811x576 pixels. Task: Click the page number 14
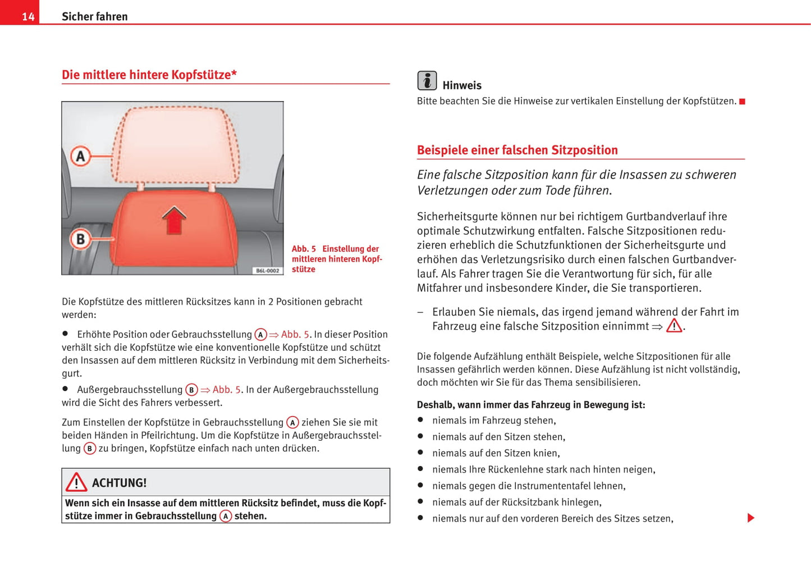[28, 17]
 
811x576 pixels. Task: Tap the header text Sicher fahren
[94, 17]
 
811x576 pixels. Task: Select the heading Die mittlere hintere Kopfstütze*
[149, 75]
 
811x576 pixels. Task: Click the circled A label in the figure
[81, 156]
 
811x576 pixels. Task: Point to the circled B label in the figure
[81, 239]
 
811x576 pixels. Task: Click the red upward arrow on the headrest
[174, 220]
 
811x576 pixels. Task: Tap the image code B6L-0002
[267, 271]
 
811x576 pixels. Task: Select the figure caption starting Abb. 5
[336, 259]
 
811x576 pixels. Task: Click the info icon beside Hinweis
[427, 81]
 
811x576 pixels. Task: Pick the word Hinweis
[462, 85]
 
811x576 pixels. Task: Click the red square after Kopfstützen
[742, 102]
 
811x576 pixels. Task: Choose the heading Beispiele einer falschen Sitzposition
[517, 150]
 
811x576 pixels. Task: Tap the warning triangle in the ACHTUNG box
[76, 482]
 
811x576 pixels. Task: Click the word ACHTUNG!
[119, 483]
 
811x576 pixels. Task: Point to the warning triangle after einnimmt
[674, 326]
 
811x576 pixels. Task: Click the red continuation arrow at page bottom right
[750, 518]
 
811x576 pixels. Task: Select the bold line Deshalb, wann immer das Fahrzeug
[531, 405]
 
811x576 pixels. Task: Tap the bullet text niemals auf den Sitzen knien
[496, 453]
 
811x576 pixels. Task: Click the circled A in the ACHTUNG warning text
[226, 516]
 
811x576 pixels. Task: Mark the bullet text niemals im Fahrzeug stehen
[494, 420]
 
